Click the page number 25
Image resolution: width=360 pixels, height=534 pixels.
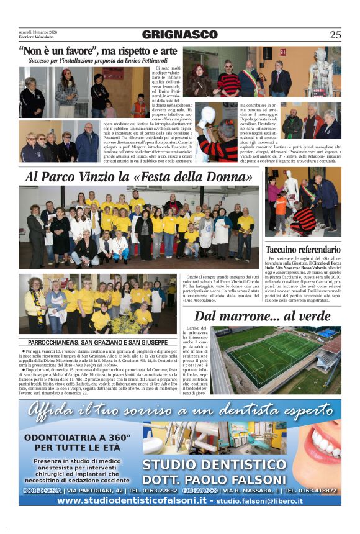pyautogui.click(x=335, y=35)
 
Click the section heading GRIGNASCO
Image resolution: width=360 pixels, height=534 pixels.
pyautogui.click(x=180, y=35)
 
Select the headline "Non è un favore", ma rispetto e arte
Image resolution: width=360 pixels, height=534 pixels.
pyautogui.click(x=98, y=51)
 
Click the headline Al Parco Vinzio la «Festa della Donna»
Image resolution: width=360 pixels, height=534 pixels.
pyautogui.click(x=142, y=177)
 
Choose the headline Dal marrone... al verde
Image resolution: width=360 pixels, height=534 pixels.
pyautogui.click(x=263, y=317)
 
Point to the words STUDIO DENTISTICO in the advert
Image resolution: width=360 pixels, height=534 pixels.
pyautogui.click(x=214, y=465)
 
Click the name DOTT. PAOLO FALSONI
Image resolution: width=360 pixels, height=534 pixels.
pyautogui.click(x=214, y=479)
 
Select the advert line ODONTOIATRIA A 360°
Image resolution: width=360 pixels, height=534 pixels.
pyautogui.click(x=77, y=438)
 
